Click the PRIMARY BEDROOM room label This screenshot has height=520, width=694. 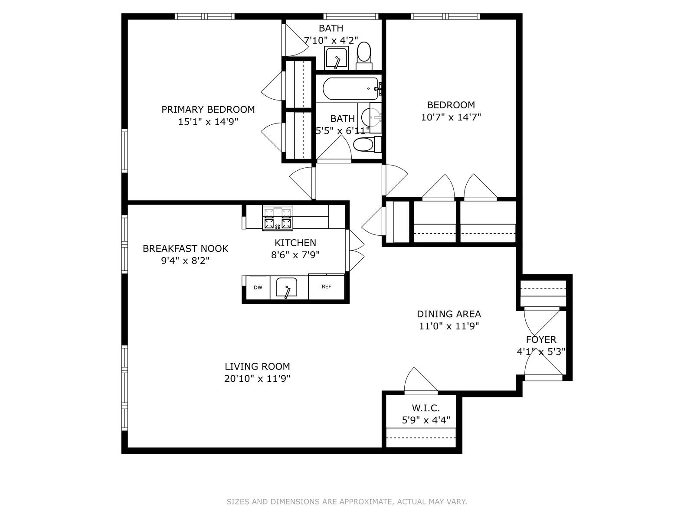click(x=208, y=110)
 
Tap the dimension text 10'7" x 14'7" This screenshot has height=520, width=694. click(x=451, y=117)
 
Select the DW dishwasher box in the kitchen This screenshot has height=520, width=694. click(x=258, y=287)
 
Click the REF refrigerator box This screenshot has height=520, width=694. click(x=326, y=286)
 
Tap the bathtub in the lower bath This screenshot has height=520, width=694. click(x=350, y=88)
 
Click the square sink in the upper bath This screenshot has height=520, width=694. click(x=336, y=58)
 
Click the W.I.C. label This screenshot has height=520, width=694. click(x=426, y=408)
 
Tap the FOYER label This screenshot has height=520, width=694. click(x=541, y=340)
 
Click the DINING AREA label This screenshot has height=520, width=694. click(x=448, y=314)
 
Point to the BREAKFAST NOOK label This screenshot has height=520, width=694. click(x=185, y=249)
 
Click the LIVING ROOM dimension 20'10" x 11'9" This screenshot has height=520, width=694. click(x=257, y=378)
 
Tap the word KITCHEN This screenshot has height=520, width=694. click(x=295, y=243)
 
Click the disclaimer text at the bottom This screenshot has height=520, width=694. click(x=347, y=502)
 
